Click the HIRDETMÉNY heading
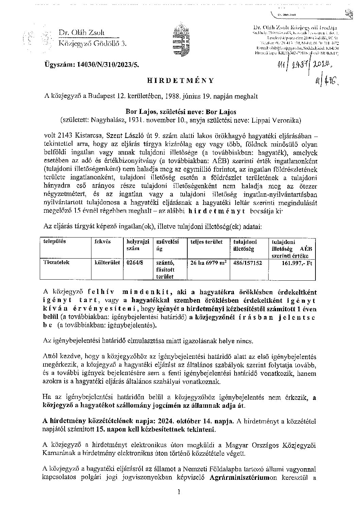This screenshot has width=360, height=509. pos(181,81)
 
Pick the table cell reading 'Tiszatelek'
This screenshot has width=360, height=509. pos(56,263)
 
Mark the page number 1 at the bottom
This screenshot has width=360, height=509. pos(179,492)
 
